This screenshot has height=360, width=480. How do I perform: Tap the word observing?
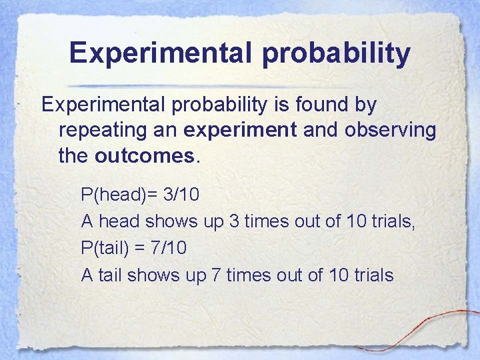coord(390,130)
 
